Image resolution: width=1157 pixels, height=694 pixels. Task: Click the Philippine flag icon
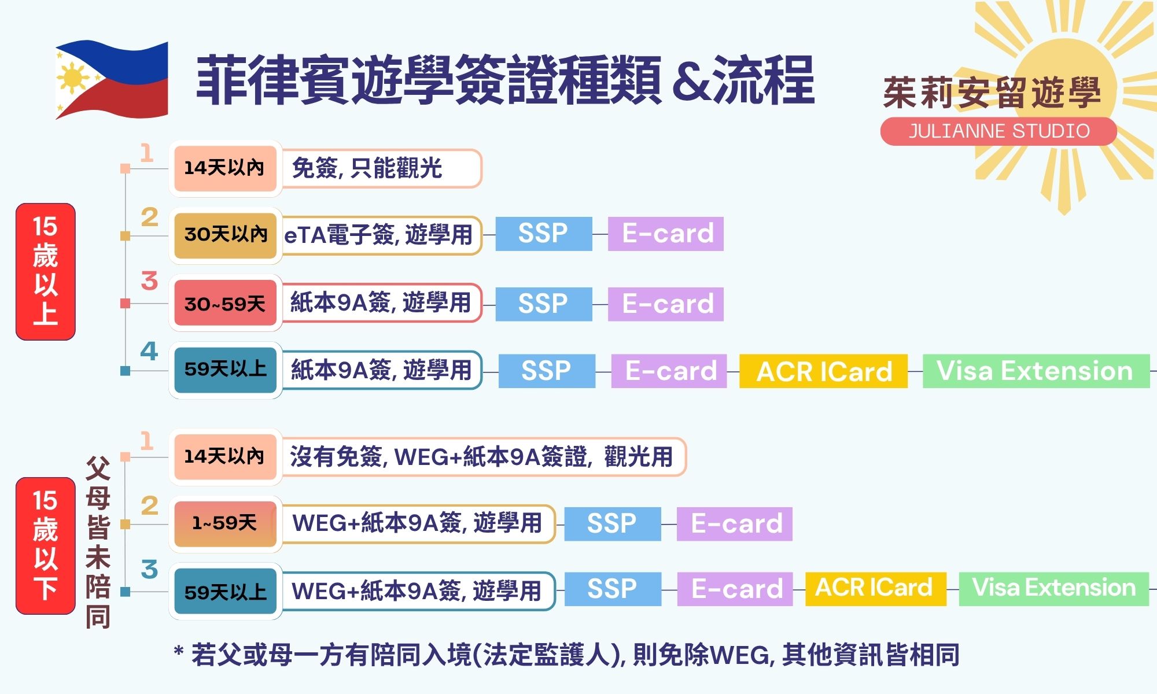click(x=112, y=79)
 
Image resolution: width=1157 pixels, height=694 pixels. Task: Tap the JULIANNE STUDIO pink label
click(x=998, y=131)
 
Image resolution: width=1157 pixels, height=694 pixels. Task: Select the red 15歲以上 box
click(x=46, y=271)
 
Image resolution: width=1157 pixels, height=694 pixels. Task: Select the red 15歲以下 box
click(x=46, y=545)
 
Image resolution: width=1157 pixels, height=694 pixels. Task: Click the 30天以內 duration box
click(x=226, y=235)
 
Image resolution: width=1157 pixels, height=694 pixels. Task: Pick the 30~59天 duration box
click(x=226, y=303)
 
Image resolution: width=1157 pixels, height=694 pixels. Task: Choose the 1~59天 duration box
click(x=226, y=523)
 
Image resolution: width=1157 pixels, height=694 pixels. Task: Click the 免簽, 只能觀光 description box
click(x=381, y=168)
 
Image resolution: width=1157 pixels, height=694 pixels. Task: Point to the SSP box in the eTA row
click(x=544, y=234)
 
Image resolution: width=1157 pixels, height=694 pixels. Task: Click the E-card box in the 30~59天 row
click(x=666, y=304)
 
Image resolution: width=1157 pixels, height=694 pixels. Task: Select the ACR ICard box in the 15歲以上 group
click(x=823, y=371)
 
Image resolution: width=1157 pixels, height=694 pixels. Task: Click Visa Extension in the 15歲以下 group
click(x=1053, y=589)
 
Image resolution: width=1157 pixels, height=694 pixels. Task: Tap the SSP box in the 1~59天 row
click(x=613, y=524)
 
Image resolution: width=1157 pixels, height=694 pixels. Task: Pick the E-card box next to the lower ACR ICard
click(x=735, y=589)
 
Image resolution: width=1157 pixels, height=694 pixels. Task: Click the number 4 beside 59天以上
click(x=149, y=350)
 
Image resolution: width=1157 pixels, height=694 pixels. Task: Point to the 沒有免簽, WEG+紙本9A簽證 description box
click(x=483, y=457)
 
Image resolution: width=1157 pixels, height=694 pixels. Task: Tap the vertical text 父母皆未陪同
click(x=98, y=542)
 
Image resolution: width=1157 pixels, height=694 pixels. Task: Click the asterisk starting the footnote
click(x=179, y=651)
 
